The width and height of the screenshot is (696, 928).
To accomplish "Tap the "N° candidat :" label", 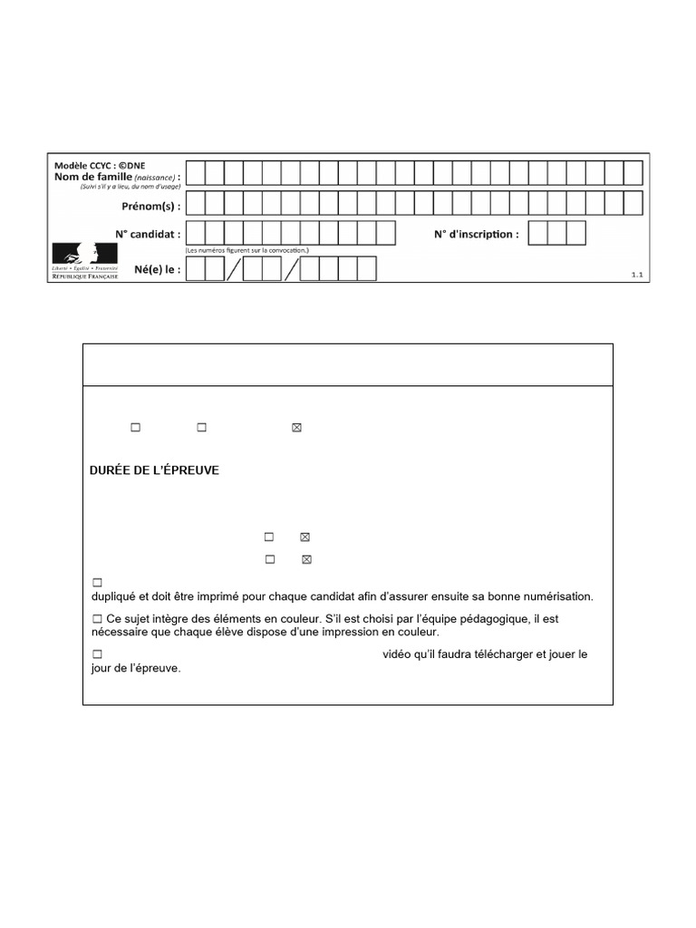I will [x=148, y=234].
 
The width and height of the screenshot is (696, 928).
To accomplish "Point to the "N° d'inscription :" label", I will [x=476, y=234].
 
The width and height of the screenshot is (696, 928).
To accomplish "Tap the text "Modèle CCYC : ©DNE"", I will [x=93, y=166].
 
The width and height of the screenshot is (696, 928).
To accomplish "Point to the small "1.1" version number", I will [x=636, y=274].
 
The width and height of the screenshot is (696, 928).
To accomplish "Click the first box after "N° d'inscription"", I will [x=537, y=233].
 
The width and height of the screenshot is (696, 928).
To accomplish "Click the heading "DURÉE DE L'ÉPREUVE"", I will [x=154, y=471].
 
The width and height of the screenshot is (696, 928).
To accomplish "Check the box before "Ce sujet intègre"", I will [x=97, y=618].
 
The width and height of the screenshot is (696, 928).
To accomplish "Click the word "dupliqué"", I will [x=117, y=596].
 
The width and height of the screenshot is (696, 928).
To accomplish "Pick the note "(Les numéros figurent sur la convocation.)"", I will [x=247, y=250].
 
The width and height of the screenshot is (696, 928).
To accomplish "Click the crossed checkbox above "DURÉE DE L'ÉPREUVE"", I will [x=295, y=428].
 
